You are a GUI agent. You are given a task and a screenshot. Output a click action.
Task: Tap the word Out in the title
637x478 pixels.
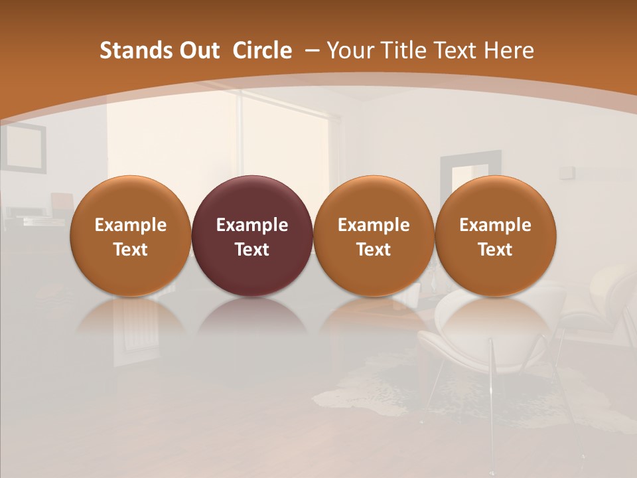[x=198, y=50]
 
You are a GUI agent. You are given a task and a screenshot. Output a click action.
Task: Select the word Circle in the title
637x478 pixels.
[x=262, y=50]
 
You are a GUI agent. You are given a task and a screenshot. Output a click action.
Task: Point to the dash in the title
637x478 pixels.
[x=311, y=50]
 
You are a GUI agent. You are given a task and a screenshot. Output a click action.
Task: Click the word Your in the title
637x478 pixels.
[x=348, y=50]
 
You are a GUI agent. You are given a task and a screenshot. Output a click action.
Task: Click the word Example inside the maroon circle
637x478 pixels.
[x=251, y=225]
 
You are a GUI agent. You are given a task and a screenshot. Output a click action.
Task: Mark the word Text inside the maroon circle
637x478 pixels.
[x=251, y=250]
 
